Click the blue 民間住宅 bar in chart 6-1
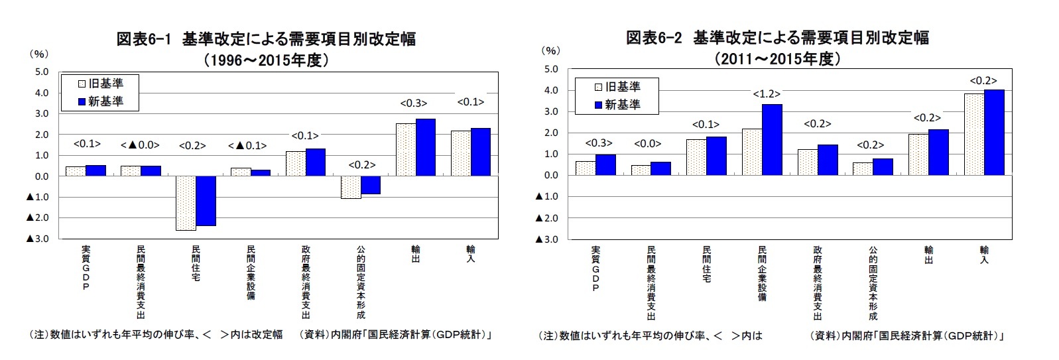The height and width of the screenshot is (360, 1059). tap(206, 201)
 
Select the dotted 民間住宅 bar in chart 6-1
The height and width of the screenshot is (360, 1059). tap(186, 203)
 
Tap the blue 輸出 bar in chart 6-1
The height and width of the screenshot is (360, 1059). tap(425, 147)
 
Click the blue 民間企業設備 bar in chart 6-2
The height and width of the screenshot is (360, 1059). tap(772, 139)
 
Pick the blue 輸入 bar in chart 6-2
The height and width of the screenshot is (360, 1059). tap(994, 133)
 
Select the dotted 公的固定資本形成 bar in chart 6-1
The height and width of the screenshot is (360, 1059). tap(351, 187)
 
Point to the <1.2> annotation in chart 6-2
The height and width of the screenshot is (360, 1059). tap(766, 94)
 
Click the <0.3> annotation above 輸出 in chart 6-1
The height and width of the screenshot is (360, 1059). tap(413, 103)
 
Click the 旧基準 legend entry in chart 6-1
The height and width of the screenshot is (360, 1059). tap(101, 84)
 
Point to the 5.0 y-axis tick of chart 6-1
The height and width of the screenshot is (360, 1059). tap(41, 72)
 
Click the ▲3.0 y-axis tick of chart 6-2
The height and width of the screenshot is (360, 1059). tap(547, 239)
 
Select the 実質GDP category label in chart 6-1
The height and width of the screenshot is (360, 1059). tap(86, 268)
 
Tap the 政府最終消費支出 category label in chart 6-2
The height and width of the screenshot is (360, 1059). tap(817, 282)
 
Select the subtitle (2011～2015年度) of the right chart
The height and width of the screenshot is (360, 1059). tap(777, 59)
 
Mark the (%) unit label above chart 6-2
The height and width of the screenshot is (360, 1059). tap(550, 50)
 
